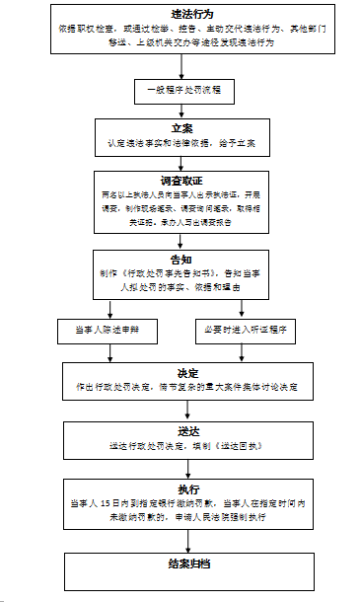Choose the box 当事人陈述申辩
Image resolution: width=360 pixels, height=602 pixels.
point(109,329)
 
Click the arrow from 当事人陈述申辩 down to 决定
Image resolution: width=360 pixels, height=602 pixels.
point(109,351)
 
